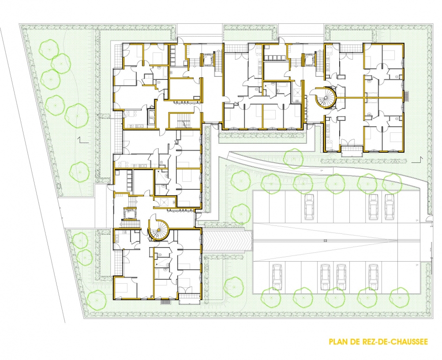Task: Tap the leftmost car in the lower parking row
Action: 277,275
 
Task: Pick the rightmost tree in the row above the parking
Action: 391,182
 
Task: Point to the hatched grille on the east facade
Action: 407,94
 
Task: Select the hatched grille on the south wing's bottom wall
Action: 166,302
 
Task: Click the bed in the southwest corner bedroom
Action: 122,287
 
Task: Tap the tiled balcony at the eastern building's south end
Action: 351,149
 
